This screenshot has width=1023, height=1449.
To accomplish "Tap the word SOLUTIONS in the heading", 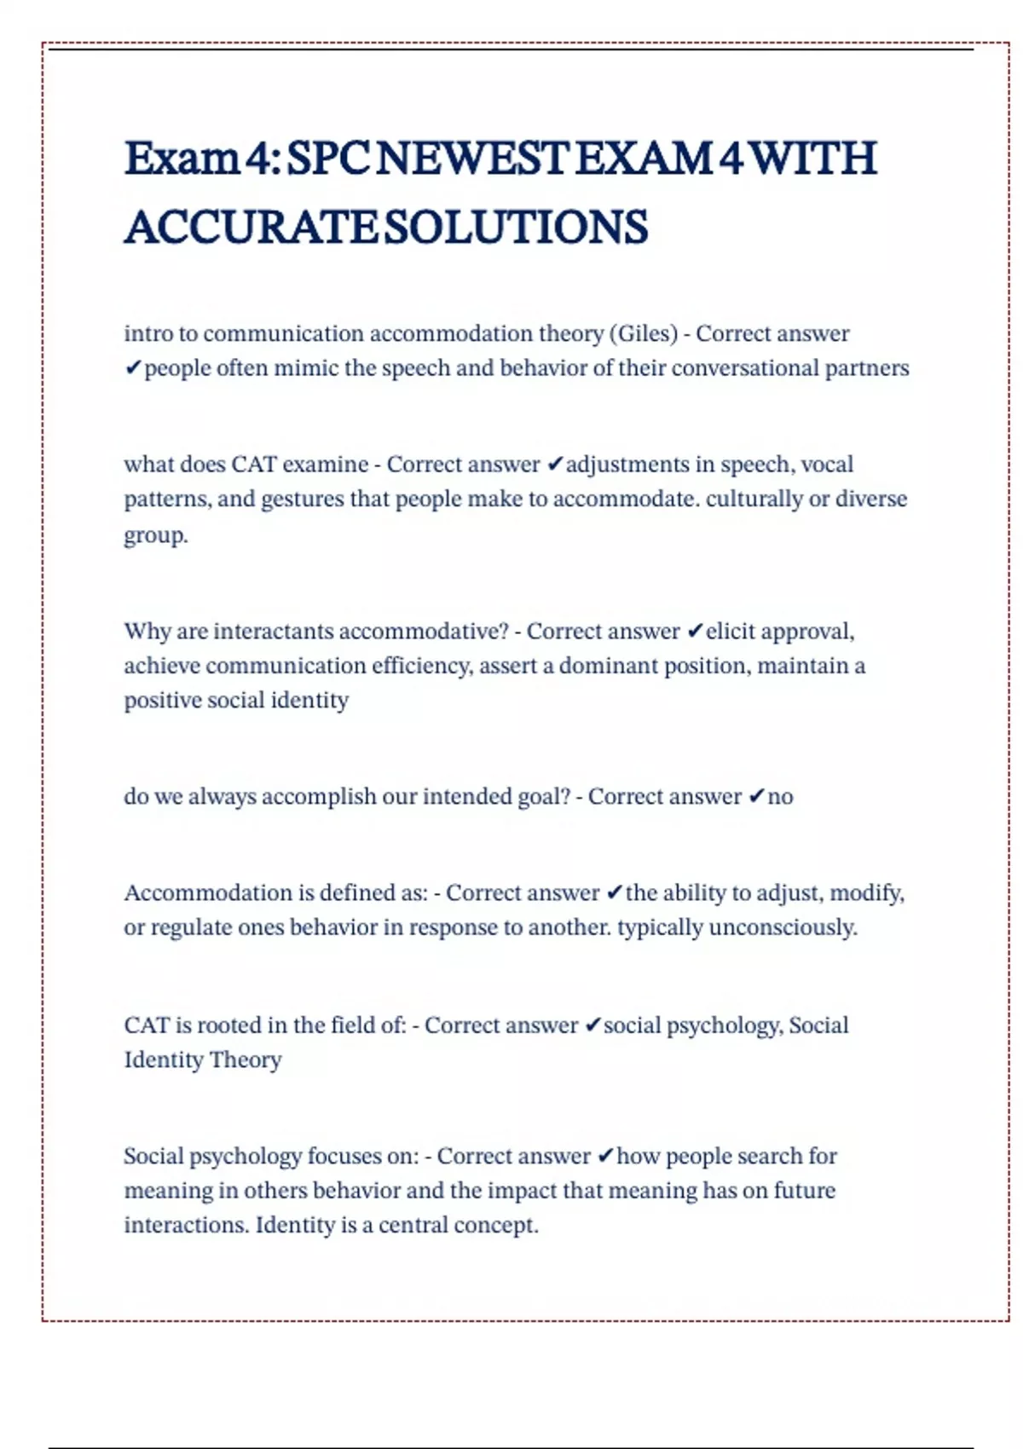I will click(x=517, y=228).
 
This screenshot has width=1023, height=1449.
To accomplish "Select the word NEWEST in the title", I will click(x=472, y=159).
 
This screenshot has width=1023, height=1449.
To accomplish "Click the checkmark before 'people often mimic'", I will click(x=132, y=368).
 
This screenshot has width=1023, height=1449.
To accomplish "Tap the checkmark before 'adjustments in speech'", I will click(x=554, y=465).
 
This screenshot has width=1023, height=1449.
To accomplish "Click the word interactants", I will click(x=273, y=632).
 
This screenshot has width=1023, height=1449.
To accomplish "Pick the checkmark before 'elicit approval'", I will click(x=695, y=632).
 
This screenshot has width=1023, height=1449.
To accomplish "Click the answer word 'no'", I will click(x=780, y=797).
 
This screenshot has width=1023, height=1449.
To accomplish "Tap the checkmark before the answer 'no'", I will click(x=755, y=797).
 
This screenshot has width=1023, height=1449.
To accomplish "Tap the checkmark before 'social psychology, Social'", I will click(x=593, y=1025).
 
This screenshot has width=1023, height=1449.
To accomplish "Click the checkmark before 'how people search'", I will click(x=605, y=1157).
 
